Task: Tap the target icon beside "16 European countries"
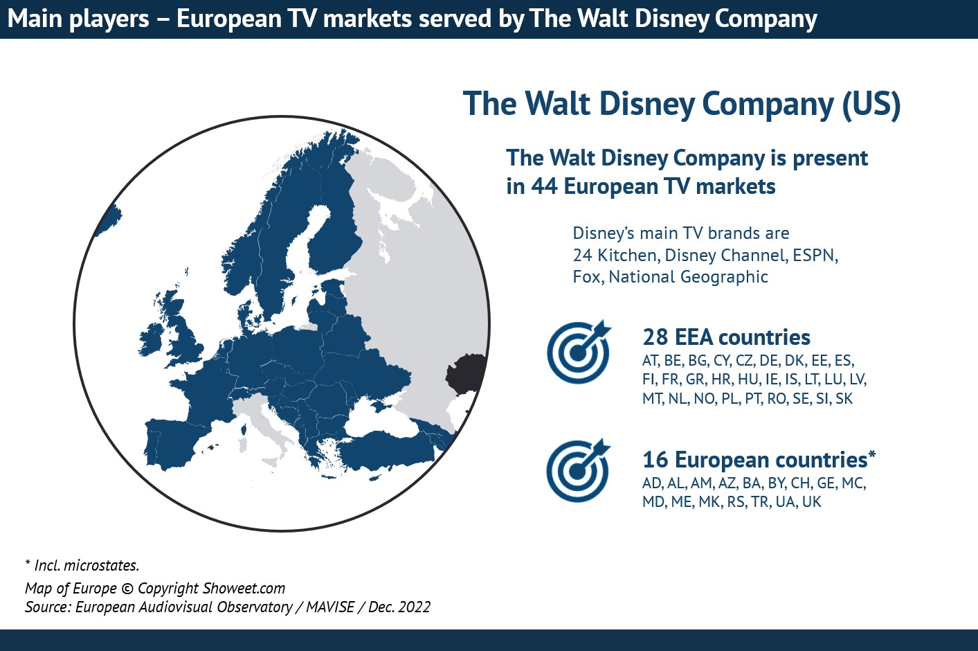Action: (578, 470)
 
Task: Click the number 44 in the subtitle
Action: (543, 186)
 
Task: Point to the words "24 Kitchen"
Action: (615, 256)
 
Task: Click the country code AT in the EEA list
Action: (650, 361)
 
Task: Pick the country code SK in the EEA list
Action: (844, 399)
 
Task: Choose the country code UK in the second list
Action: (811, 502)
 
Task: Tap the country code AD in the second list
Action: (651, 483)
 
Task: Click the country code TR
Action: (759, 502)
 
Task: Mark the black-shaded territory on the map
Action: (466, 374)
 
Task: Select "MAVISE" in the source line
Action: (330, 607)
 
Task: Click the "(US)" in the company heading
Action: (871, 104)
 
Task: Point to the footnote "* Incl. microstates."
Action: (82, 566)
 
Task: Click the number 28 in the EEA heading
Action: (655, 337)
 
